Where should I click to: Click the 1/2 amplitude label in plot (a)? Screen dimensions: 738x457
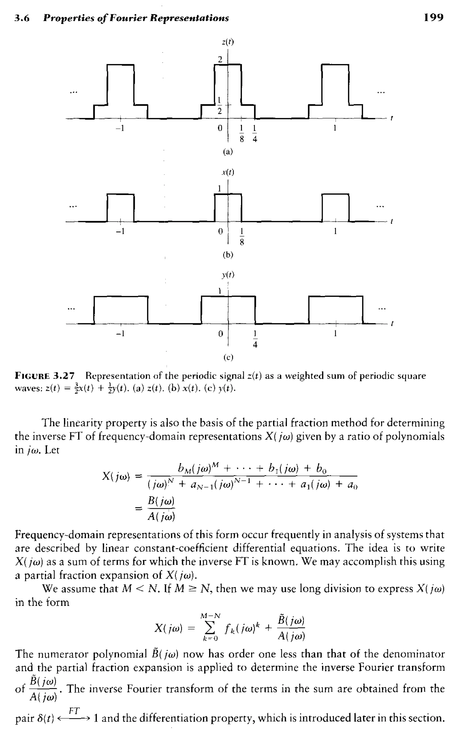(x=220, y=106)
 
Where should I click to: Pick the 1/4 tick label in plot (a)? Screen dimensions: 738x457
(x=255, y=133)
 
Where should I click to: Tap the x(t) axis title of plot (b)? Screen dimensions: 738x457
(x=228, y=172)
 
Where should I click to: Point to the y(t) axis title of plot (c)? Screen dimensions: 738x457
(x=228, y=275)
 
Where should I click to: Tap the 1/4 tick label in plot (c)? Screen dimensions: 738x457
(x=255, y=339)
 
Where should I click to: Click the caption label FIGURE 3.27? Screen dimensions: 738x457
(x=44, y=376)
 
